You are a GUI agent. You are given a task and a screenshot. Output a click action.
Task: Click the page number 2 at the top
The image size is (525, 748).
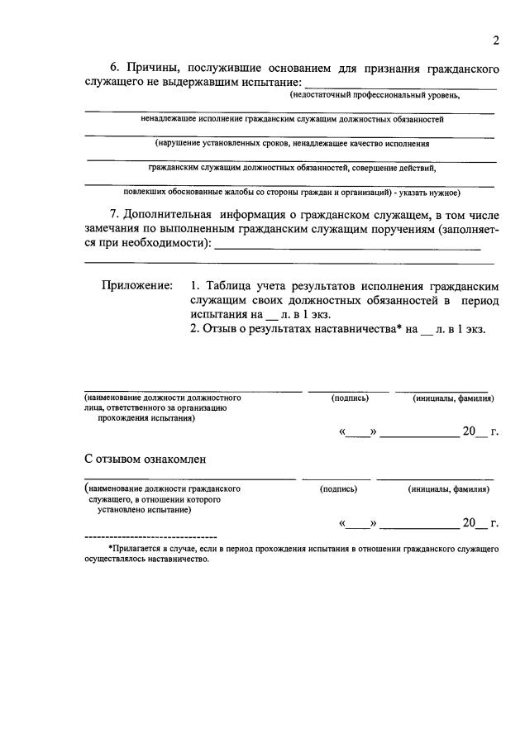coord(495,40)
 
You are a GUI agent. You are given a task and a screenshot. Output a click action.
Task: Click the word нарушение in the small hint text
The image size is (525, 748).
coord(188,143)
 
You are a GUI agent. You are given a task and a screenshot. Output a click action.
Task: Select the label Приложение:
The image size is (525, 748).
coord(137,285)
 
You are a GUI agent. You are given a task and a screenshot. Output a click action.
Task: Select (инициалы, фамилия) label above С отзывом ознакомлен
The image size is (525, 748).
coord(453,398)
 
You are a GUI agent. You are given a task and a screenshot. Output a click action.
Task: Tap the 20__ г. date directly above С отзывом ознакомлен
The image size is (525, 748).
coord(480,431)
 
